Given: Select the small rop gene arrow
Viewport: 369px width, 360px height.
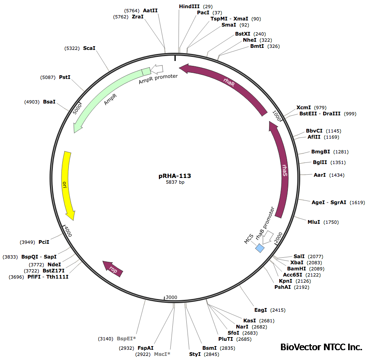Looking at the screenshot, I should tap(113, 269).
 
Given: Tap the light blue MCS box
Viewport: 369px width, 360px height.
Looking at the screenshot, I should tap(260, 248).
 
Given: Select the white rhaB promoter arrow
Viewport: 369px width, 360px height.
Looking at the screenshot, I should tap(268, 237).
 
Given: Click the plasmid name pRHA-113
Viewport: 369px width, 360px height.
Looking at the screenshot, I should tap(174, 176).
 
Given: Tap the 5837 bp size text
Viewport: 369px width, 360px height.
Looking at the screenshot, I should tap(174, 182).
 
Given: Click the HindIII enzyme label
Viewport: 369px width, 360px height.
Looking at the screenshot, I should tap(189, 7).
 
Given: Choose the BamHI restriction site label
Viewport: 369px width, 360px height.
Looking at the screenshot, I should tap(296, 269).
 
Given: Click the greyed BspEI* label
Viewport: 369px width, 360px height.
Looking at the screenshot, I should tap(126, 339).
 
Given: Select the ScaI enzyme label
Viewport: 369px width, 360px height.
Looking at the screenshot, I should tap(89, 48).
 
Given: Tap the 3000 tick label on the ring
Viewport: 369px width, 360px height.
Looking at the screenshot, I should tap(172, 297).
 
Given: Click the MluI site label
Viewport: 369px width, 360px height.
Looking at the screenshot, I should tap(314, 222).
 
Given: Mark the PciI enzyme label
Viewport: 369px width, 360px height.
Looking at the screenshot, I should tap(44, 242).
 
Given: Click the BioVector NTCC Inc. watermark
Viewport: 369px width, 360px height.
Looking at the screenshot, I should tap(321, 347).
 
